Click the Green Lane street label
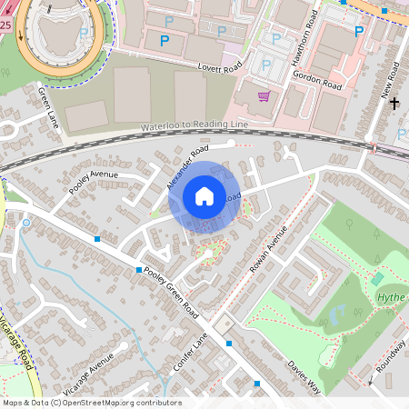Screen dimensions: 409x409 [48, 106]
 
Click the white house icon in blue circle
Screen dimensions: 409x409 [204, 196]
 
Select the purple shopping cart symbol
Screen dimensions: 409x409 [264, 95]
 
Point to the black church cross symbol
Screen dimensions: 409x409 [394, 104]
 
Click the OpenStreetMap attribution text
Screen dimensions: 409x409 [92, 403]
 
